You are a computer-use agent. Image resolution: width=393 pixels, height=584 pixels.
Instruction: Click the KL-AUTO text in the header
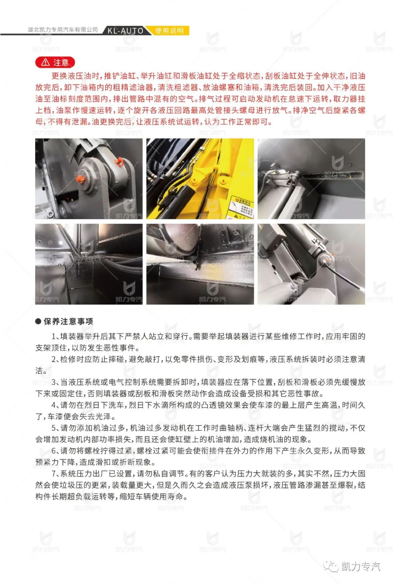(125, 31)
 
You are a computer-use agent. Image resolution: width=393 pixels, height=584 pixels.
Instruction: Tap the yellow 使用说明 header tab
(169, 31)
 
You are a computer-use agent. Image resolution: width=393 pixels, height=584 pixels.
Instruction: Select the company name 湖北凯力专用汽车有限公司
(63, 30)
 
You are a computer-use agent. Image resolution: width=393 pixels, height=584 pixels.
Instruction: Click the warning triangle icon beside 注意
(45, 62)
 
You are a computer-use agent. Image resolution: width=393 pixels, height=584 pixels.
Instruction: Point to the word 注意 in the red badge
(61, 62)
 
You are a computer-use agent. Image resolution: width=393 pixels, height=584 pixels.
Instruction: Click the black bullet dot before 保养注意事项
(38, 321)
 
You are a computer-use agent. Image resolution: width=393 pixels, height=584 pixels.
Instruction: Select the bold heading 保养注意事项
(68, 321)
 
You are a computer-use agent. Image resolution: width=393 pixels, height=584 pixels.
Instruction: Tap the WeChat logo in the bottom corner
(331, 566)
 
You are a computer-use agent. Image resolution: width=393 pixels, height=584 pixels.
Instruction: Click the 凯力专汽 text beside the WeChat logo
(361, 567)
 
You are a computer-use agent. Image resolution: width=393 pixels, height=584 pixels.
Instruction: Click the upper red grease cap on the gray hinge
(119, 162)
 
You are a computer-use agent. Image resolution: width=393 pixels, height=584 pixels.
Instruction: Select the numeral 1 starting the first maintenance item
(53, 337)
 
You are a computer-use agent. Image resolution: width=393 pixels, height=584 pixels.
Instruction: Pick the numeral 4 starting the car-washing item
(53, 405)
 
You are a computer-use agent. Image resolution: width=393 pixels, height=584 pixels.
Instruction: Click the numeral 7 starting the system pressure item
(53, 474)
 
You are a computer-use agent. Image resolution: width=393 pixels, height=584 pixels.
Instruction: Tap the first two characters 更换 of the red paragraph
(60, 76)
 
